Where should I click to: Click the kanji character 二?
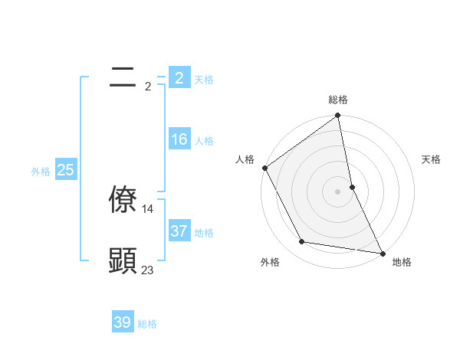tap(123, 77)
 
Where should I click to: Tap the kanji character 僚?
tap(123, 198)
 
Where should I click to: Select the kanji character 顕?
tap(123, 260)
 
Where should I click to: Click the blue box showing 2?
tap(179, 77)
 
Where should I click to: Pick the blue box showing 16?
tap(179, 139)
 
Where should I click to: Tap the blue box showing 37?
tap(179, 231)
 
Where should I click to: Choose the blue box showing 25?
tap(65, 170)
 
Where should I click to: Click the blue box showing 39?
tap(123, 322)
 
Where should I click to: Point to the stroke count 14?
tap(148, 208)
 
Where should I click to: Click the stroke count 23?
tap(148, 270)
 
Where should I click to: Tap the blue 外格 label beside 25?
tap(41, 172)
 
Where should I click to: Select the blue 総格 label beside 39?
tap(147, 324)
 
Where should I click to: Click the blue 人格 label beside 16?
tap(204, 141)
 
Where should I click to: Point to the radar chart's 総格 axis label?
tap(338, 100)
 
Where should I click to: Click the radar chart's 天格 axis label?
tap(432, 159)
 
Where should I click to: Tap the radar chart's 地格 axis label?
tap(402, 262)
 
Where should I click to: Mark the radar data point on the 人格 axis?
tap(265, 168)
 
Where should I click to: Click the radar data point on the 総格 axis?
tap(338, 116)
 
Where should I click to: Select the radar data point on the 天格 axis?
tap(352, 187)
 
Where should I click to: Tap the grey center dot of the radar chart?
tap(338, 191)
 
